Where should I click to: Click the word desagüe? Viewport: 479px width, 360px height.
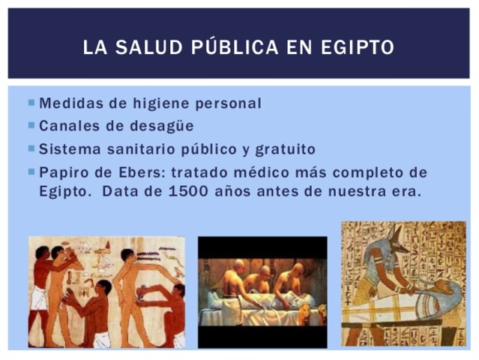[163, 125]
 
